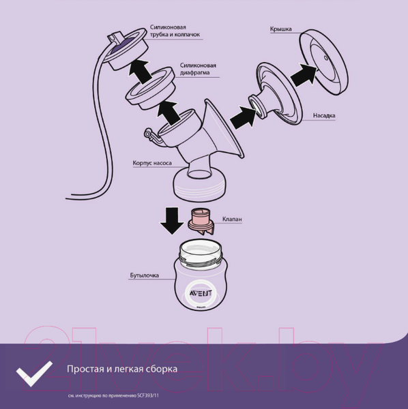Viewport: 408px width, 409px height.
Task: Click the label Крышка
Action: [280, 29]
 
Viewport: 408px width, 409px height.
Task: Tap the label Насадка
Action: [324, 115]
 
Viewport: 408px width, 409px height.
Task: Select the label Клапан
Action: [232, 219]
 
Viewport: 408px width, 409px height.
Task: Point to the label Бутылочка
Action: [145, 275]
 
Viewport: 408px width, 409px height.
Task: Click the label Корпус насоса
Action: [152, 163]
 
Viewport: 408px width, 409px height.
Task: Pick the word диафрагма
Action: [194, 72]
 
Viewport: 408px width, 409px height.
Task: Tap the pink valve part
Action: [201, 222]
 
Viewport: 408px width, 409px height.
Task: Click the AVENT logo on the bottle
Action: [200, 293]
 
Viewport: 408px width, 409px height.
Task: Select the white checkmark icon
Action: [34, 374]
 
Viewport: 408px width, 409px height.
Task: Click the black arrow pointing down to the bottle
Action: [172, 220]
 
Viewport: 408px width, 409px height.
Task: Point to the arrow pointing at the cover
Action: [304, 74]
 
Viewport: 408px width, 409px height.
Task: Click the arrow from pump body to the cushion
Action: [243, 117]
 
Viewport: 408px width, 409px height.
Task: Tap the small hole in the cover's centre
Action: [325, 58]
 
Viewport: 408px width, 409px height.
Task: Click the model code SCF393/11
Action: [148, 395]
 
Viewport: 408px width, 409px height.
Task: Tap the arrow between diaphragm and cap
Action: [140, 71]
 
